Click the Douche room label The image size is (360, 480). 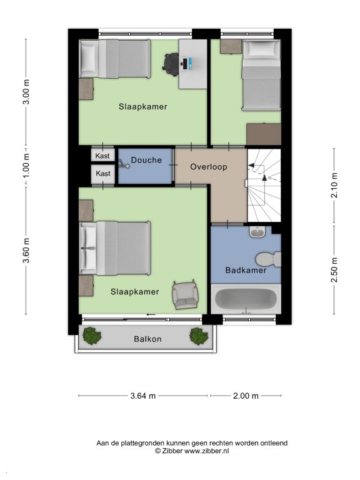click(x=146, y=160)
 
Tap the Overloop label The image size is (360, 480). click(x=209, y=167)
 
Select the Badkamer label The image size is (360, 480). click(x=246, y=270)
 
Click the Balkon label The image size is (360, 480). click(x=147, y=339)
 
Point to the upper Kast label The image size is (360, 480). click(x=102, y=156)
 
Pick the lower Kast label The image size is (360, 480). click(x=103, y=174)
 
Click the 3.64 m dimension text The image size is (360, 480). click(x=143, y=396)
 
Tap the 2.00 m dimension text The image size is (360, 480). click(x=246, y=396)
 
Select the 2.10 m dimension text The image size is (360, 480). click(x=334, y=185)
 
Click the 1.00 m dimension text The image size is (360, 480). click(x=26, y=166)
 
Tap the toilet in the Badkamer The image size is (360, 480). click(x=268, y=259)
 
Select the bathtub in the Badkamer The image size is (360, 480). click(x=246, y=299)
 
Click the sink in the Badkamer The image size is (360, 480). click(x=257, y=232)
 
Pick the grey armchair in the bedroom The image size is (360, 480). click(x=185, y=295)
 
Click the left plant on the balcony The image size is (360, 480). click(x=92, y=336)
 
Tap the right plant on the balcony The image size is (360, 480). click(x=199, y=336)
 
